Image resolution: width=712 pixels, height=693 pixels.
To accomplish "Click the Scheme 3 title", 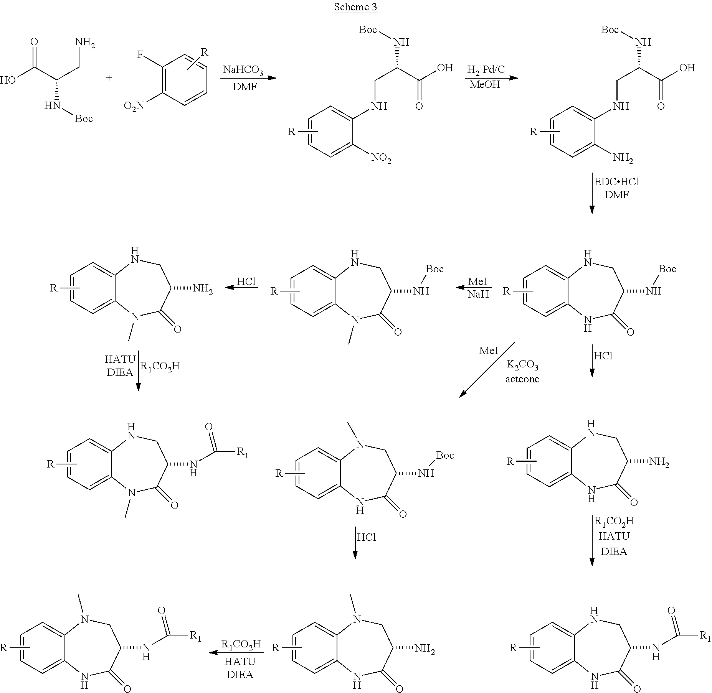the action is pos(355,7).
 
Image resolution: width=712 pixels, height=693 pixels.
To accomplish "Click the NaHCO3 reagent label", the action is pos(243,71).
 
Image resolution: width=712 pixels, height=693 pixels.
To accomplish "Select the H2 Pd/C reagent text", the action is pos(486,70).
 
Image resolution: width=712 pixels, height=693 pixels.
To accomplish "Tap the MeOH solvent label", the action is pos(485,84).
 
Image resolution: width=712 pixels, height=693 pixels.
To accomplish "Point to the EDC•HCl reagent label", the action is pos(617,181).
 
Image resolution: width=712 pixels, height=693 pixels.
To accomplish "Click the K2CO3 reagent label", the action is pos(522,365).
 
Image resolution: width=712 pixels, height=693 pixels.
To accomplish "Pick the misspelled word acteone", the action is pos(522,379).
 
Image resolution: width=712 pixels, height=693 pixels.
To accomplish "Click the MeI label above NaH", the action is pos(477,282).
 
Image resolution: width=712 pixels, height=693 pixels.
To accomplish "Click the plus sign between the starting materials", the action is pos(109,78).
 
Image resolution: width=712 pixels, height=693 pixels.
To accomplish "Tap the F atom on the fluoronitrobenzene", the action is pos(140,54).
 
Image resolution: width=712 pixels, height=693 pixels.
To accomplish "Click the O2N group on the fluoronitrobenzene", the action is pos(134,105).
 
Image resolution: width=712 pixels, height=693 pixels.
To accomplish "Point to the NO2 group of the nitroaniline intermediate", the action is pos(381,158).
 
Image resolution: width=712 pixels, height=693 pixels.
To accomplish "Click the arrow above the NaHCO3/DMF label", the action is pos(248,78).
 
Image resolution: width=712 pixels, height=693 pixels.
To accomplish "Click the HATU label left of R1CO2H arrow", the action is pos(120,359).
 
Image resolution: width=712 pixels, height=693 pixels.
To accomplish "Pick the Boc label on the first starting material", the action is pos(84,119).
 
